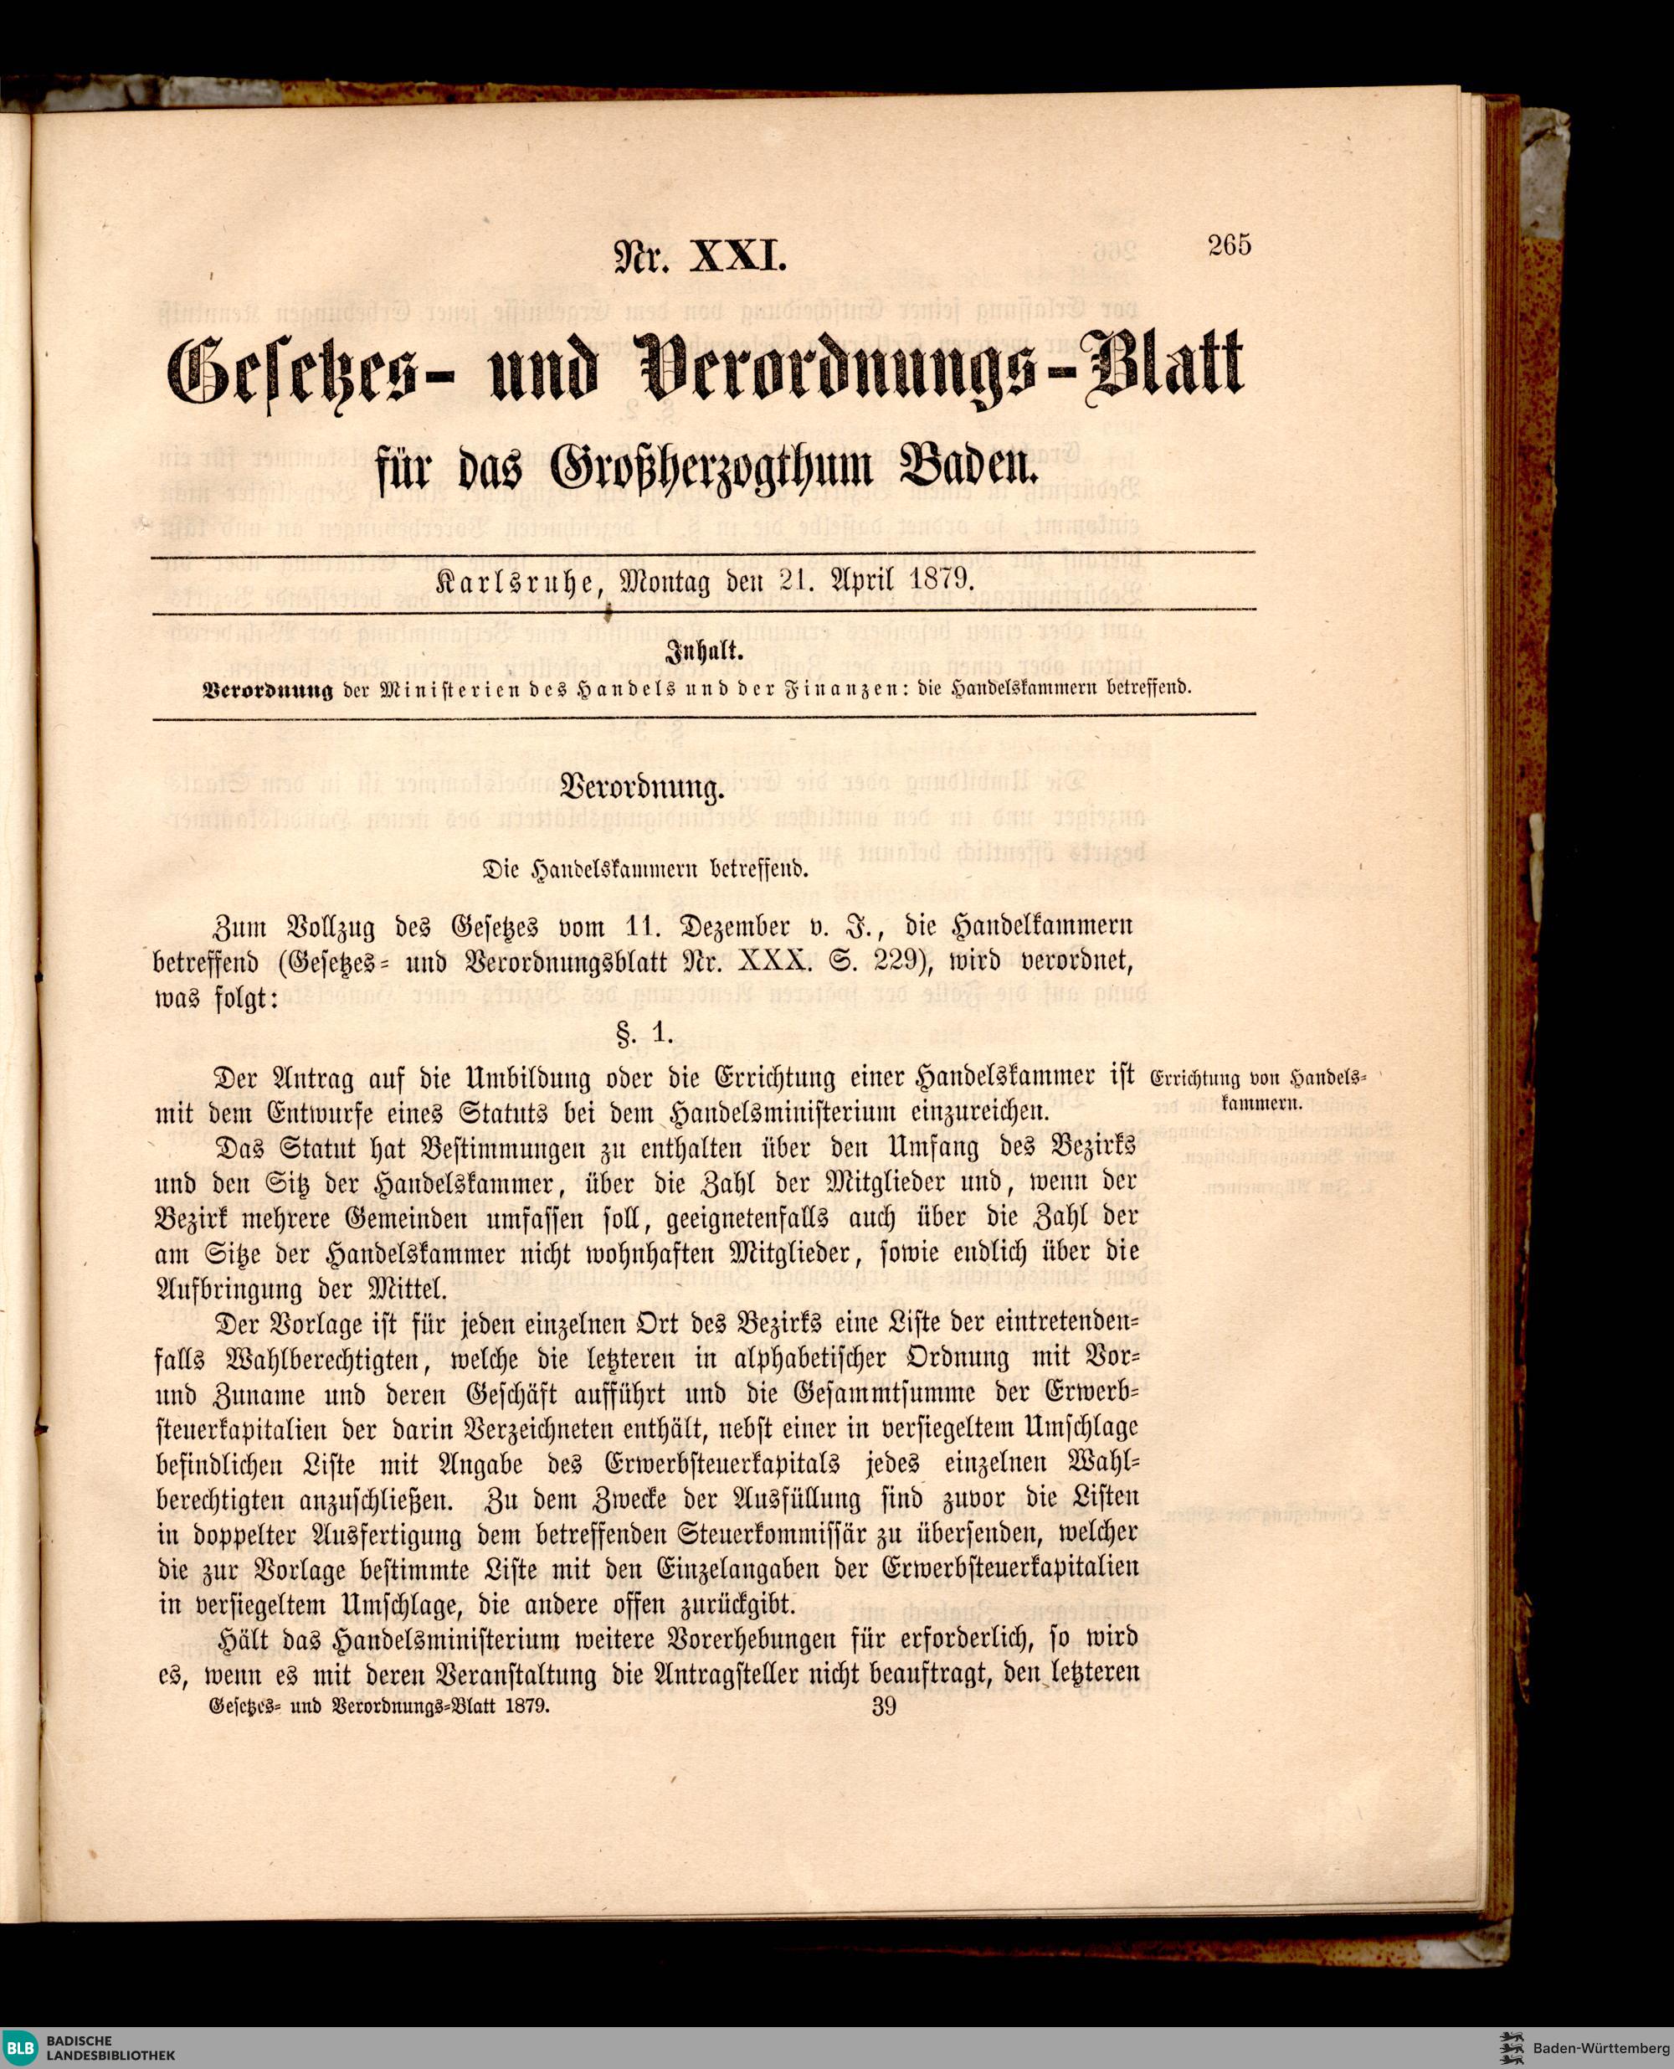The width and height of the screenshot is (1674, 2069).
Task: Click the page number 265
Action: click(1230, 246)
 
